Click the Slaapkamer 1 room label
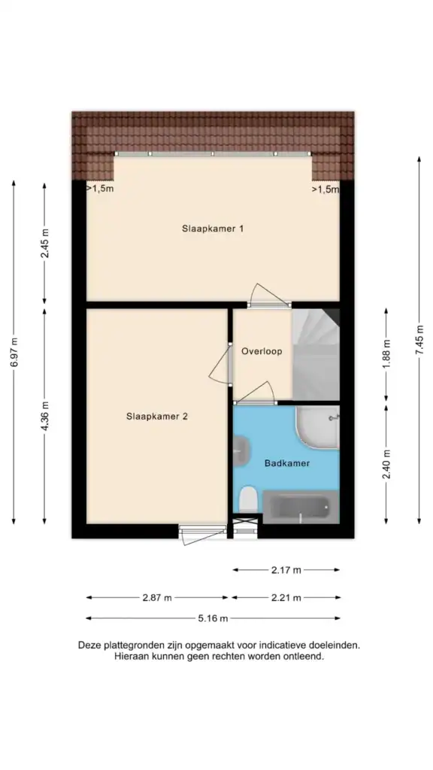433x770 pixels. pos(212,229)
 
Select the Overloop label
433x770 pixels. pos(262,351)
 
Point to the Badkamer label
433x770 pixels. pos(286,463)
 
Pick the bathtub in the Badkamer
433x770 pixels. pos(300,509)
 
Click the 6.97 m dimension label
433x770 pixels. pos(14,352)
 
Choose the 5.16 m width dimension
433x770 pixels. pos(212,619)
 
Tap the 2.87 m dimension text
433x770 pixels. pos(157,598)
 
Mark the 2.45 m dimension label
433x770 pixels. pos(45,244)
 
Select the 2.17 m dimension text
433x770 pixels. pos(286,570)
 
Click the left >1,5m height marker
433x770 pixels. pos(99,189)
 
